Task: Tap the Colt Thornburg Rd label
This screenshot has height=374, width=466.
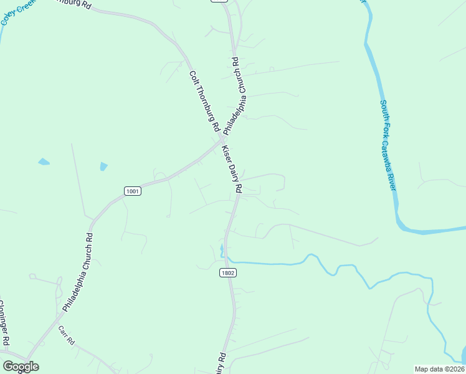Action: (x=204, y=100)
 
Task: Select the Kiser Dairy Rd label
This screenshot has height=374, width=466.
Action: (x=232, y=169)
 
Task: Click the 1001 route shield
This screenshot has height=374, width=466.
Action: (x=132, y=191)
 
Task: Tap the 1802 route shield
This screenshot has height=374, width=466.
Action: (x=228, y=273)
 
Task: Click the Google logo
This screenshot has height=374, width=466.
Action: (x=21, y=367)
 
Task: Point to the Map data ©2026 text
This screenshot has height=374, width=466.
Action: (x=439, y=369)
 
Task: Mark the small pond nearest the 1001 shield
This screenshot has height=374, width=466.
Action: (x=103, y=166)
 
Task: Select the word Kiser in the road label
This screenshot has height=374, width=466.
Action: (x=226, y=153)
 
